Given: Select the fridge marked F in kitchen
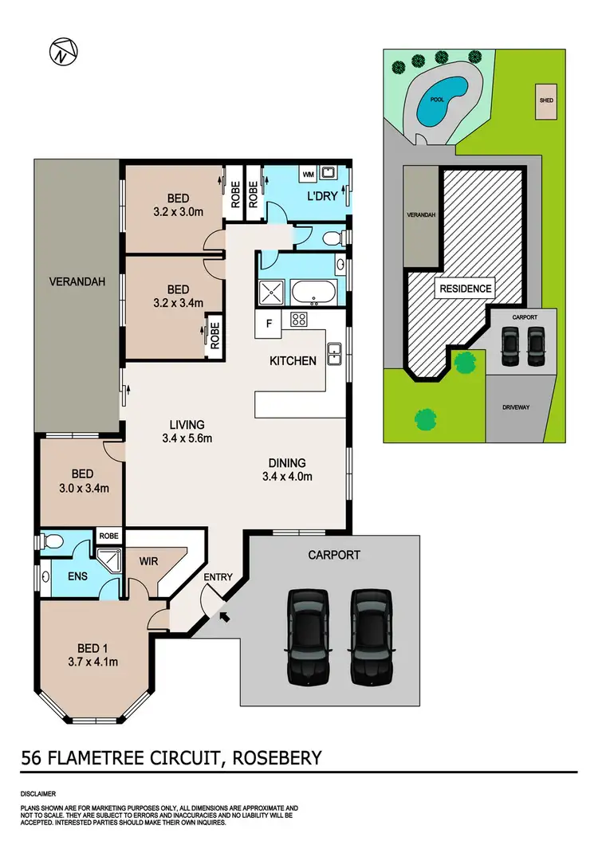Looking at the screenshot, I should [x=269, y=324].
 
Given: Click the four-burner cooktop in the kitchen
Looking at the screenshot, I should [x=299, y=320].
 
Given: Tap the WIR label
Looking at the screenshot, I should [x=148, y=561].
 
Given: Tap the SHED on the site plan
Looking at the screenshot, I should [x=545, y=101].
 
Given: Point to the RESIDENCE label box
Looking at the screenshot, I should [x=464, y=289].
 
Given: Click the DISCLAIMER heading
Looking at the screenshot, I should [x=38, y=795].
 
